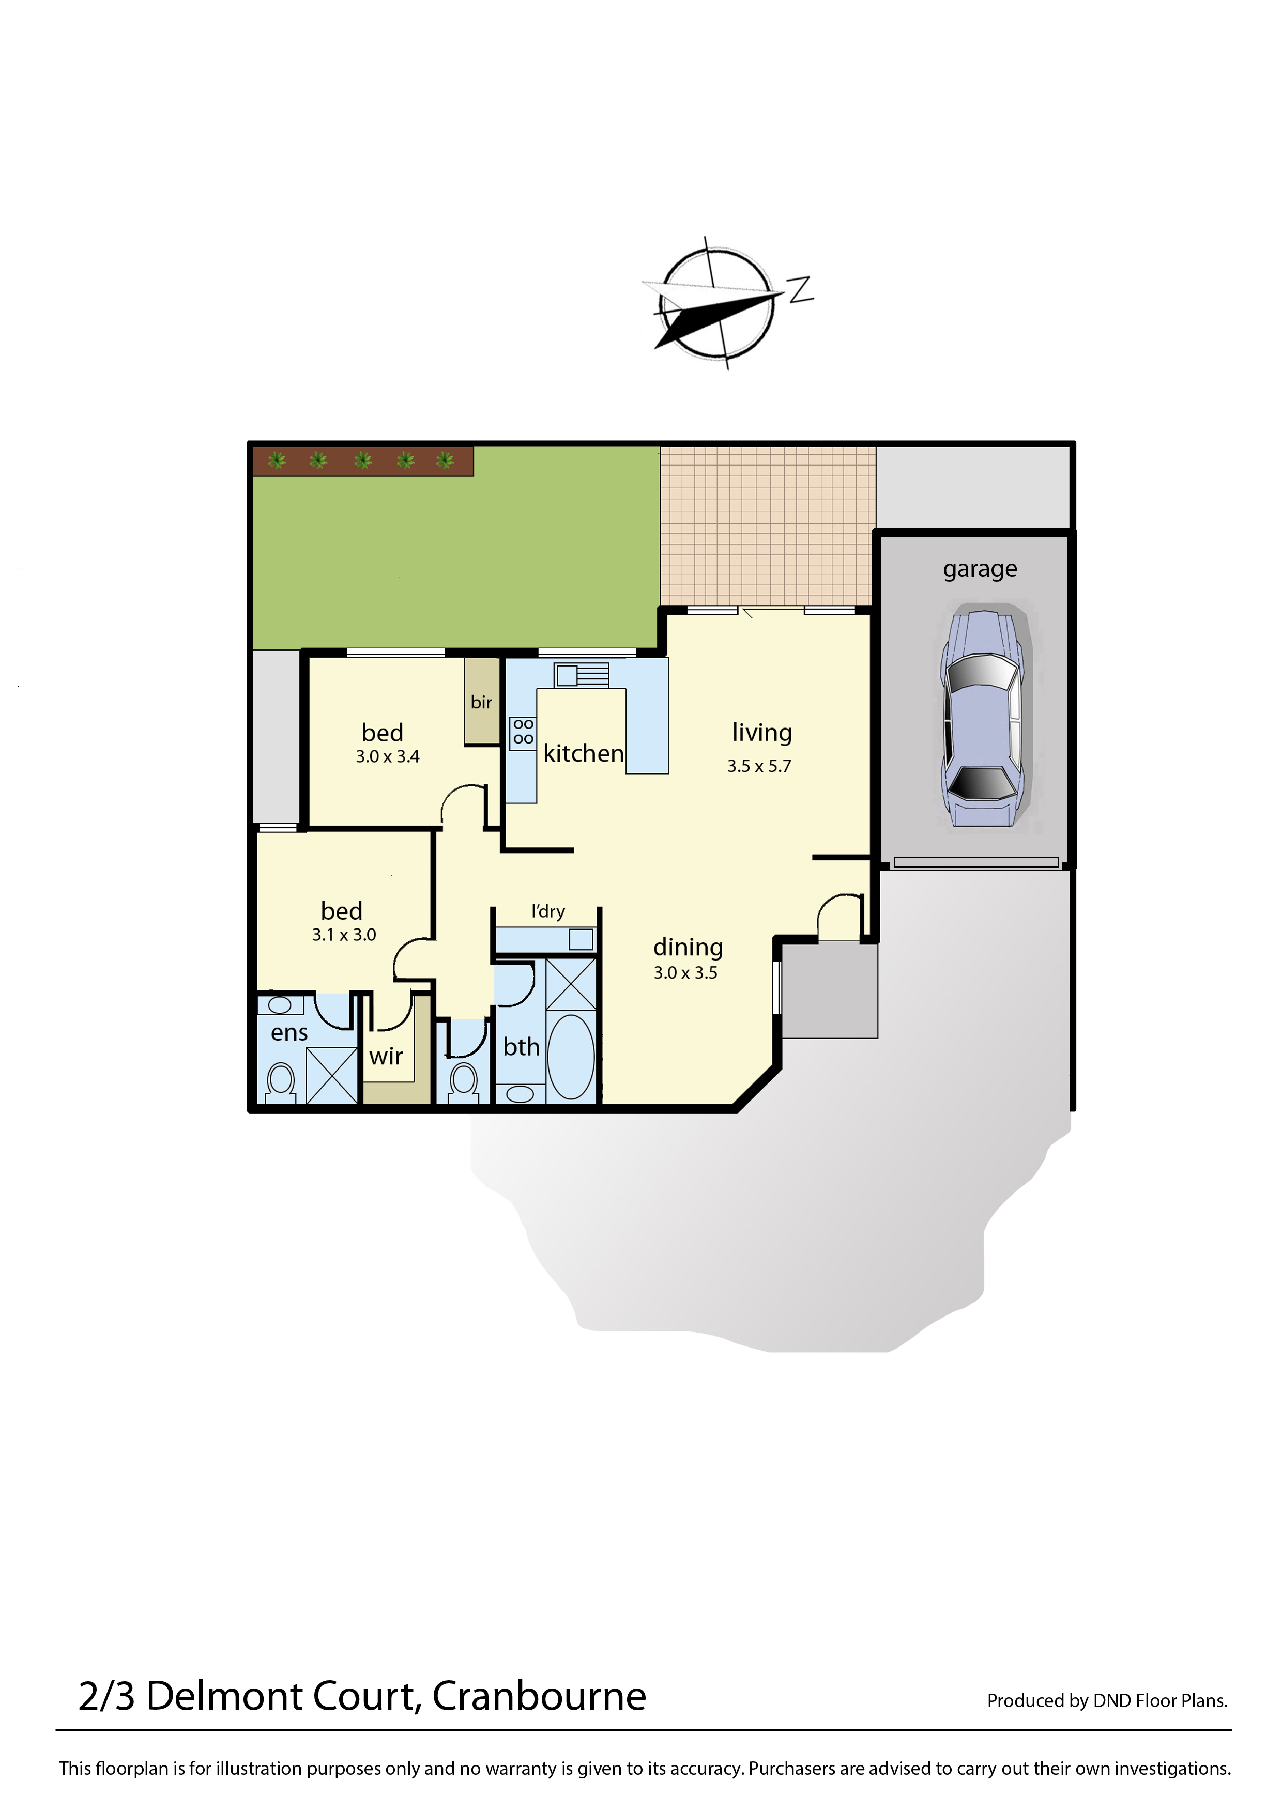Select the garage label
click(x=980, y=569)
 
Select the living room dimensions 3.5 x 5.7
click(x=759, y=766)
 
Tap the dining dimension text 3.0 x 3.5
click(x=685, y=972)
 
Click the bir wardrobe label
click(x=482, y=702)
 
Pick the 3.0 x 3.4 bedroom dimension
click(x=388, y=756)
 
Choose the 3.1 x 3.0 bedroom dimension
click(x=344, y=934)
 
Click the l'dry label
click(x=548, y=911)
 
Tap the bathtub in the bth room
click(x=571, y=1057)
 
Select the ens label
click(x=289, y=1033)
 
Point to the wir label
click(x=386, y=1056)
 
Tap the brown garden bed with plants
click(x=363, y=461)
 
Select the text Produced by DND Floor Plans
click(x=1107, y=1701)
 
